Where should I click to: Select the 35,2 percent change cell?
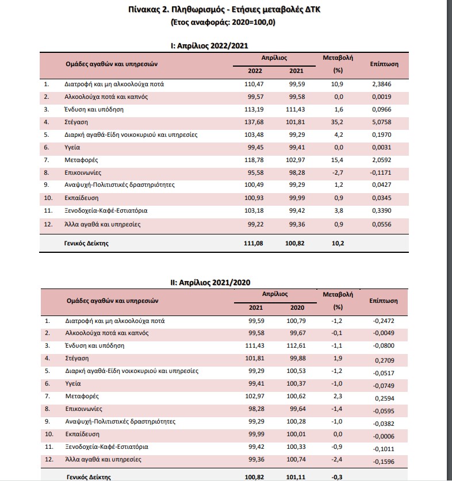point(338,122)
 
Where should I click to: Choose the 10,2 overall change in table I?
point(338,243)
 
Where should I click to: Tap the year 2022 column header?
point(255,71)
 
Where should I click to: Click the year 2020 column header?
point(294,307)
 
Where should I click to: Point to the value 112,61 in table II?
point(294,345)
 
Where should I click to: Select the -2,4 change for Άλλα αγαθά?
point(338,459)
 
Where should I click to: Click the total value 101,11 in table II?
point(294,476)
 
